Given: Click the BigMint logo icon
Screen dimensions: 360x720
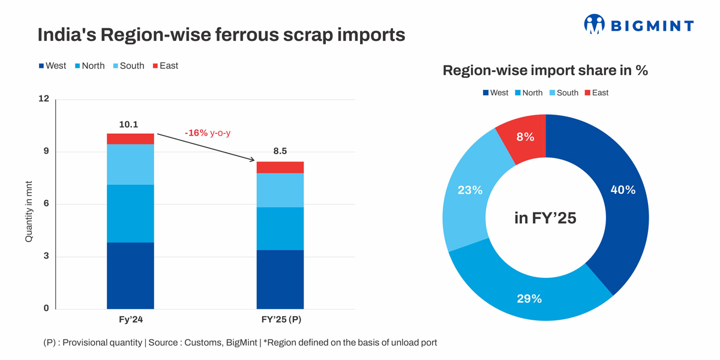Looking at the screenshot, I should click(x=594, y=24).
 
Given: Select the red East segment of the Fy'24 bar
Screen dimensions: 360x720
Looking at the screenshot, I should click(x=130, y=139).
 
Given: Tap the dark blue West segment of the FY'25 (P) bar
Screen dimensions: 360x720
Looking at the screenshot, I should click(x=280, y=279).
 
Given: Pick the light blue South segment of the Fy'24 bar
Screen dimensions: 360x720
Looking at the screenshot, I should click(x=130, y=164).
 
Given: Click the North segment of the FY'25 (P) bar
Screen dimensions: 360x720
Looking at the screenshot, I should click(x=280, y=229).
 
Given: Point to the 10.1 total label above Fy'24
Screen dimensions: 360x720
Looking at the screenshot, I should click(x=128, y=125).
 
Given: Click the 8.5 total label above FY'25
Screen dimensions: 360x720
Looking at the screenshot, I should click(x=280, y=151).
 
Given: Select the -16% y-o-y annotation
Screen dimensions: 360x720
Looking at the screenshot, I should click(x=208, y=133).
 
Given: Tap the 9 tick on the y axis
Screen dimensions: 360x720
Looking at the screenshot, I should click(x=46, y=152).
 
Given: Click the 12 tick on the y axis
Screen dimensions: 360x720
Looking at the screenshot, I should click(x=44, y=99).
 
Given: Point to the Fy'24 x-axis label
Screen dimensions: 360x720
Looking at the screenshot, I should click(x=131, y=320).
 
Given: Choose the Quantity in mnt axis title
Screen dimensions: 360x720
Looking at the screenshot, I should click(x=29, y=211).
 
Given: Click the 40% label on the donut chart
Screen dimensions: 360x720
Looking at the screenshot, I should click(x=623, y=190).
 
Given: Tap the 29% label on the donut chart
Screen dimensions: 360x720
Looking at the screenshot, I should click(x=529, y=298).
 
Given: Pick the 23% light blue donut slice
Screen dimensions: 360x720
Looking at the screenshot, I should click(x=470, y=191).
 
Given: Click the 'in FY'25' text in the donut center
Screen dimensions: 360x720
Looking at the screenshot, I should click(x=545, y=218).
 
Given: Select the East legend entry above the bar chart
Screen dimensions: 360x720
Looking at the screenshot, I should click(x=165, y=65).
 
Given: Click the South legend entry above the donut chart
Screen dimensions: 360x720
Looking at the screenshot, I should click(x=563, y=92).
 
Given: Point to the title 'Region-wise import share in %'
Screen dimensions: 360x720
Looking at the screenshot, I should click(x=545, y=70).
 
